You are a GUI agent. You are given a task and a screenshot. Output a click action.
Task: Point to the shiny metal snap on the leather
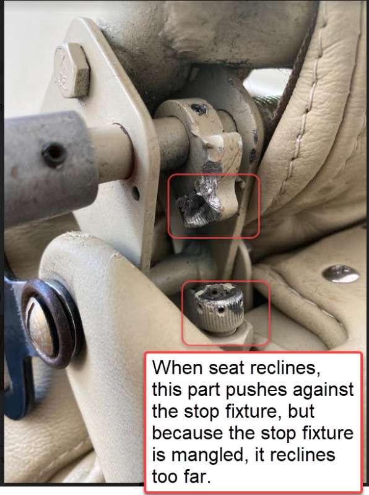(341, 273)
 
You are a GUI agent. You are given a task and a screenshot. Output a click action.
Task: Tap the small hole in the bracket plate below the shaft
(136, 192)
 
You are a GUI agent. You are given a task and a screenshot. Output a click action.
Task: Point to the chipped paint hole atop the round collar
(200, 109)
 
